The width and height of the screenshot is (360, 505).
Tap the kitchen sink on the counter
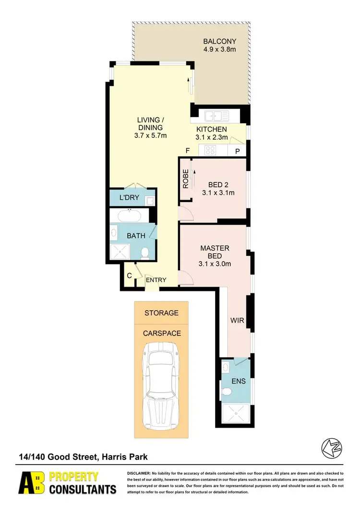[x=215, y=115]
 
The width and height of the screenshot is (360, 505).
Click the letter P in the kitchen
[x=238, y=151]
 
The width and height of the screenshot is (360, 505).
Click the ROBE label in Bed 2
[x=185, y=178]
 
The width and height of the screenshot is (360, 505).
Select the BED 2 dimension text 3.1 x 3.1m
[x=218, y=193]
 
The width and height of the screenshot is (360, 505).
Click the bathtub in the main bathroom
[x=126, y=216]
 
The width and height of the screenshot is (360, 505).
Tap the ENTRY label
[x=156, y=280]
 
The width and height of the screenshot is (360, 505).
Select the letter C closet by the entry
[x=129, y=276]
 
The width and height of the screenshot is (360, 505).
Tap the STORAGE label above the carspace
[x=161, y=313]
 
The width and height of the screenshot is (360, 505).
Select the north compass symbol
[x=331, y=448]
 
